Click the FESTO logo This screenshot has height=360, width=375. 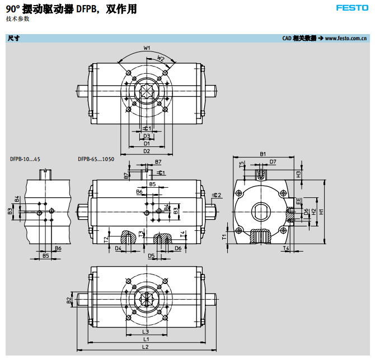click(x=351, y=8)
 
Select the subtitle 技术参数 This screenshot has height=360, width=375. click(x=18, y=19)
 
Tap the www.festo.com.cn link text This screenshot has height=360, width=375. click(x=346, y=39)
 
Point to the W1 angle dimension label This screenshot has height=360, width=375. click(x=147, y=48)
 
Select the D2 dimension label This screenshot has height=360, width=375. click(x=147, y=151)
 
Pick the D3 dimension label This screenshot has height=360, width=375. click(x=147, y=136)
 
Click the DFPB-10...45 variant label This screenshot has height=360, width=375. click(x=25, y=159)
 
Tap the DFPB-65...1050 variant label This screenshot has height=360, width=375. click(x=96, y=159)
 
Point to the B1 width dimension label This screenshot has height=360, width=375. click(x=262, y=154)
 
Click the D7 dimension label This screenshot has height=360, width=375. click(x=273, y=162)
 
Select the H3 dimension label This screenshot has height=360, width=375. click(x=299, y=174)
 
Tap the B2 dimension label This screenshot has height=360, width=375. click(x=69, y=300)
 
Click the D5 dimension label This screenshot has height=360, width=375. click(x=151, y=255)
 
